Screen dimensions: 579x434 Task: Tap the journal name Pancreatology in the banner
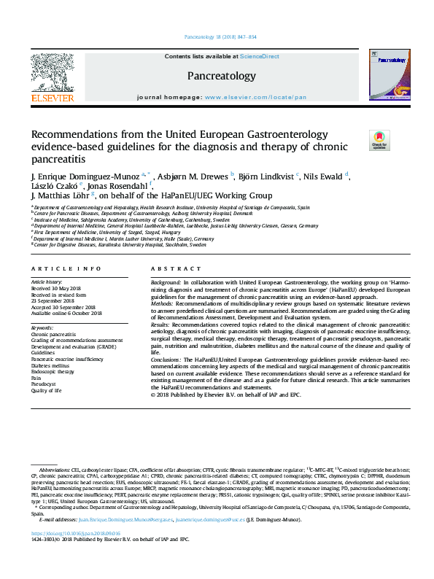222,75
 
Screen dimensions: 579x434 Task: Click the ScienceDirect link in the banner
260,56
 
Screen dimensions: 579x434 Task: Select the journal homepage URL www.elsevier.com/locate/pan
255,97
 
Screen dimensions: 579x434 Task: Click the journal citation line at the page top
220,36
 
